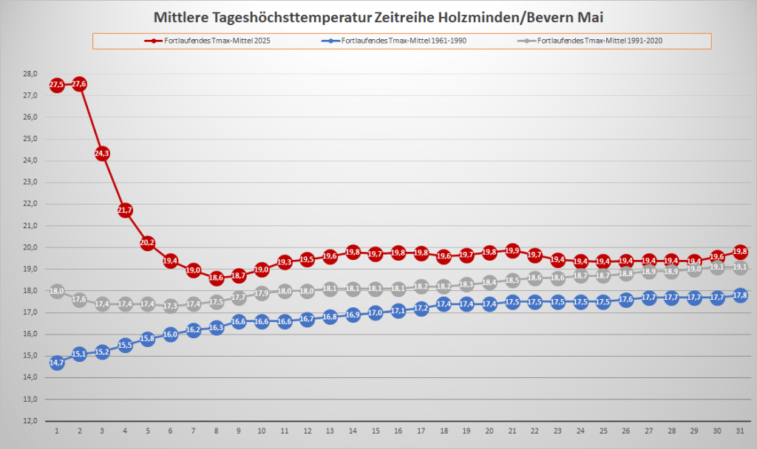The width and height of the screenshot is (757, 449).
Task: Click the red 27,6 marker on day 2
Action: (x=80, y=84)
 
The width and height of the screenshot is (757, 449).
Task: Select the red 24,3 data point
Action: (x=102, y=154)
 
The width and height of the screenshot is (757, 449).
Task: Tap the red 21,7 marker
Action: (x=125, y=210)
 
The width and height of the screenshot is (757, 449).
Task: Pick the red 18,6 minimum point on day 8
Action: (x=216, y=278)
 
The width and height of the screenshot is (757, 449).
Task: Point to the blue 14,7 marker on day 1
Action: (x=57, y=363)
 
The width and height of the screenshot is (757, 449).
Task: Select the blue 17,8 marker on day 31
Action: (x=739, y=295)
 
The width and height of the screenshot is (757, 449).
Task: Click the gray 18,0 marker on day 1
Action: (x=57, y=291)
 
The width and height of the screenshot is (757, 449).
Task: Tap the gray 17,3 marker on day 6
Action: (x=171, y=306)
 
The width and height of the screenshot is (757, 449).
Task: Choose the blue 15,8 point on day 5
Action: (x=148, y=339)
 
